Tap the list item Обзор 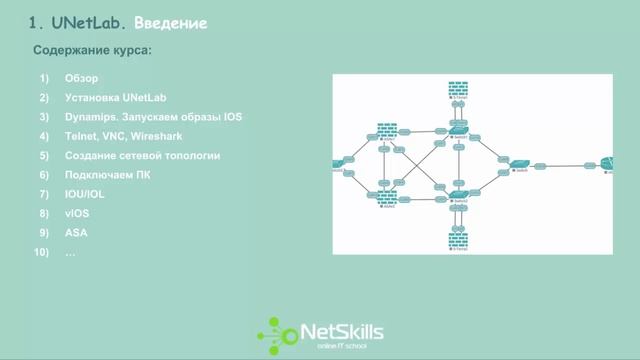[81, 79]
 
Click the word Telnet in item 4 [81, 136]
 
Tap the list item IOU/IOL [84, 194]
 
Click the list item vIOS [76, 213]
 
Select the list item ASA [75, 232]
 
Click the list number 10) [42, 252]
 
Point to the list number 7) [44, 194]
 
